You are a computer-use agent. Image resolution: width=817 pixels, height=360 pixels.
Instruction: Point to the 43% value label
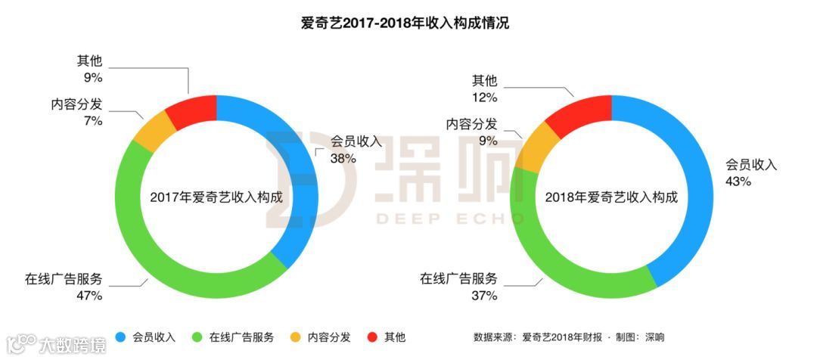[738, 182]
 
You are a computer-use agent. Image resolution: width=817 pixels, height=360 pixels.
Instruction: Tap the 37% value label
[484, 296]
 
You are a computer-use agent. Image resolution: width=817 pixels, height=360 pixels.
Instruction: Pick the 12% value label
[484, 97]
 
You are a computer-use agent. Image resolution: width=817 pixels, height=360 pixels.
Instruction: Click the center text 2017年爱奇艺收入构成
[216, 197]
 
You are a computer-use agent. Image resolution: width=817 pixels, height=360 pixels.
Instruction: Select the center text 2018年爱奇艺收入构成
[611, 197]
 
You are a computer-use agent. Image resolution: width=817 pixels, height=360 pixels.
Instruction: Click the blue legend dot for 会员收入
[120, 337]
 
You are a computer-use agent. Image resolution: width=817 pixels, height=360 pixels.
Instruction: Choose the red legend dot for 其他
[371, 337]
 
